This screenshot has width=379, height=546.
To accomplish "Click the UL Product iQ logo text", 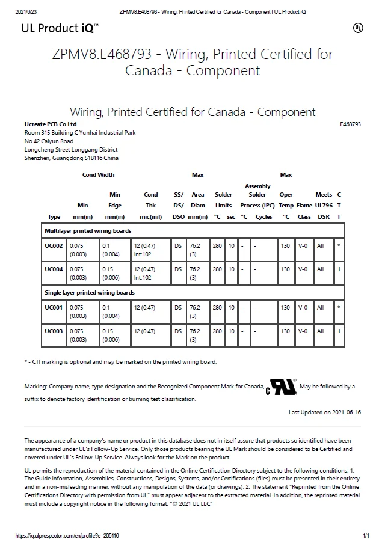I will pyautogui.click(x=60, y=28).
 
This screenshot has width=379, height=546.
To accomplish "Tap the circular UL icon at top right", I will pyautogui.click(x=357, y=28).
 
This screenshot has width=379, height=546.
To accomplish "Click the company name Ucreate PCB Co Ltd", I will pyautogui.click(x=51, y=124).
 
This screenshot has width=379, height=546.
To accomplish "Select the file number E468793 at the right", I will pyautogui.click(x=350, y=124).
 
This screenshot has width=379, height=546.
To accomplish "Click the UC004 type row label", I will pyautogui.click(x=54, y=269).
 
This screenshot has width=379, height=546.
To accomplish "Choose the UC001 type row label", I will pyautogui.click(x=54, y=308).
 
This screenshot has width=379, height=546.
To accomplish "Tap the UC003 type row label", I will pyautogui.click(x=54, y=331).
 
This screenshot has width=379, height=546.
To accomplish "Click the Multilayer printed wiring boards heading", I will pyautogui.click(x=88, y=230).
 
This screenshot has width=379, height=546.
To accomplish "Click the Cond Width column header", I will pyautogui.click(x=98, y=175).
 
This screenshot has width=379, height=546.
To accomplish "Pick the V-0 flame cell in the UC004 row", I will pyautogui.click(x=303, y=269).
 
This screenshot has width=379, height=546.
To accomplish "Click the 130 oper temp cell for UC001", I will pyautogui.click(x=285, y=308).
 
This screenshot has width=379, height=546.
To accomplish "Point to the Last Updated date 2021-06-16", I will pyautogui.click(x=324, y=413).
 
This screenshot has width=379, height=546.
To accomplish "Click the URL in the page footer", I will pyautogui.click(x=67, y=535).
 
